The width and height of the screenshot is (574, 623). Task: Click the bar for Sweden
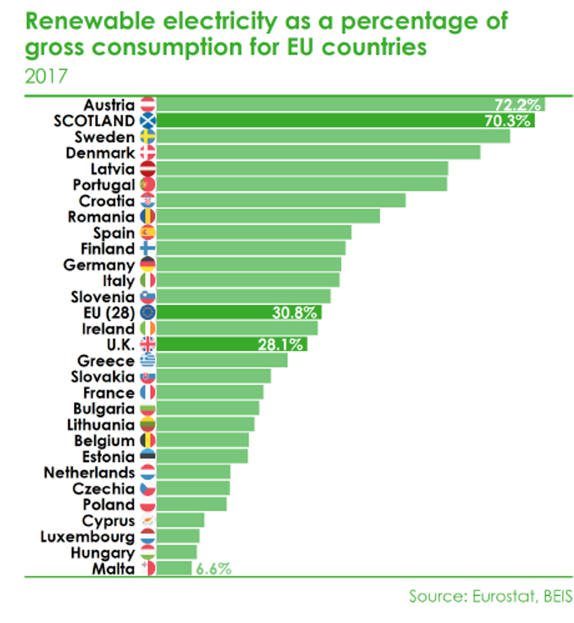333,136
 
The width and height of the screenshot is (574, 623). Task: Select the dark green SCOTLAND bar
346,120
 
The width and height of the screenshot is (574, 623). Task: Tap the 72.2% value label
517,105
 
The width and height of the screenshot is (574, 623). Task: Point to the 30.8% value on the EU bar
294,313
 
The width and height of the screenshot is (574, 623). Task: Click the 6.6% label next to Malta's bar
214,569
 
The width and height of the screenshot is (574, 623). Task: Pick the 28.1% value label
280,345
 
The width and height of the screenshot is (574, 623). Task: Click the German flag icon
148,264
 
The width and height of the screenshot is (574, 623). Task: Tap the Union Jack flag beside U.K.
148,344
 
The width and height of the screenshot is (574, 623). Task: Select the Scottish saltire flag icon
148,120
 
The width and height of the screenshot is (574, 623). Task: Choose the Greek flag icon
148,361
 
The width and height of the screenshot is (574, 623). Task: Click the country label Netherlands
89,473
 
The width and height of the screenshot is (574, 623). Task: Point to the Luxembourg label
88,537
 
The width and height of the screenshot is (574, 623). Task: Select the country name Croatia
107,201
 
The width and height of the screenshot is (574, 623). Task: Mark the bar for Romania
268,216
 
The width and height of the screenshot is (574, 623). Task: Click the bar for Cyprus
180,520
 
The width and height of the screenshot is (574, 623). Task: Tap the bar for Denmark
318,152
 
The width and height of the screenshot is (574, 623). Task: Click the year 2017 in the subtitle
46,76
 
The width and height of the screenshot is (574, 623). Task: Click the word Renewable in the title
90,20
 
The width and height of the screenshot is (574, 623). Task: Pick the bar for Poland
192,505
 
